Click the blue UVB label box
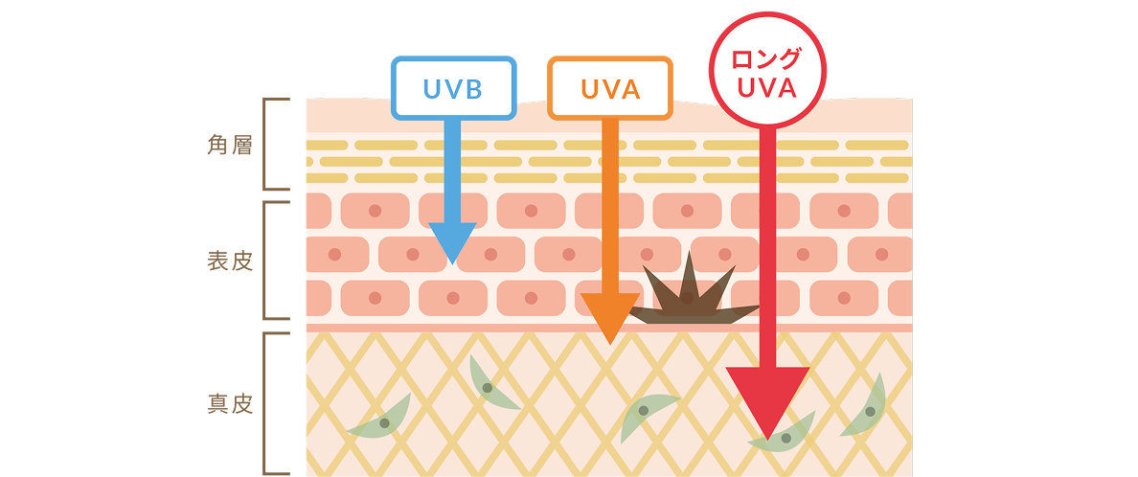453,87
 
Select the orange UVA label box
609,87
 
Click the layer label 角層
231,146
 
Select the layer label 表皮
231,260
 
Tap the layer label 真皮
231,403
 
